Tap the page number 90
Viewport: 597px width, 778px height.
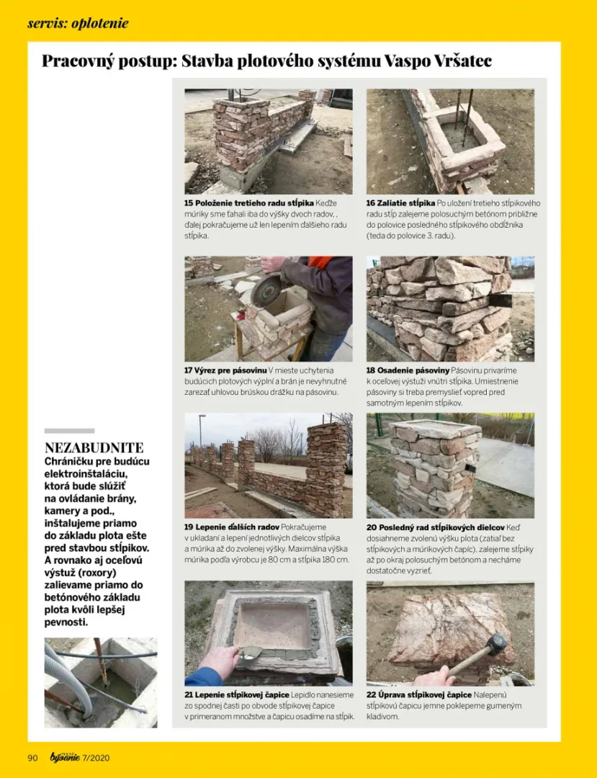tap(32, 757)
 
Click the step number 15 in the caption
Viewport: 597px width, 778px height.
tap(189, 204)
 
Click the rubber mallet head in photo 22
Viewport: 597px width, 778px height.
tap(496, 643)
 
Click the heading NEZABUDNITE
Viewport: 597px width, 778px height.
tap(94, 447)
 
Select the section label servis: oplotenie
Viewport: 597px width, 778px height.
tap(78, 23)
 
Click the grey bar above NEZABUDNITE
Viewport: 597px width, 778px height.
tap(69, 431)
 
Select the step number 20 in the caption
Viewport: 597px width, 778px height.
tap(371, 527)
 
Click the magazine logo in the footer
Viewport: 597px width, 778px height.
tap(63, 756)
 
